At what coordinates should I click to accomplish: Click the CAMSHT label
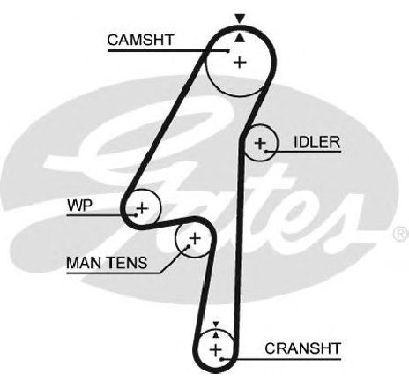coord(140,40)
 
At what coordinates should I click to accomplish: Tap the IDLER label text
coord(317,142)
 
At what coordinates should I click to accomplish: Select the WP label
coord(79,206)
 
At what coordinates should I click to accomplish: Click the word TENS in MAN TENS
coord(129,263)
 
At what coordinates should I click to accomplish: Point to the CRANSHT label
coord(302,348)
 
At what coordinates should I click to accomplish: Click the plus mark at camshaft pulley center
coord(240,62)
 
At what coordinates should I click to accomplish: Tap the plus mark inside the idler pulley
coord(260,144)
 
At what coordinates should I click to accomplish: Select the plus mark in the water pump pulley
coord(143,208)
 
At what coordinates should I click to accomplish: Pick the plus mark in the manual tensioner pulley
coord(194,238)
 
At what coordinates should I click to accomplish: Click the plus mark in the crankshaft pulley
coord(216,350)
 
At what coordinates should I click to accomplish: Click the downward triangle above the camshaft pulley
coord(240,19)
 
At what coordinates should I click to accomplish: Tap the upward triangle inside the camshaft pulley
coord(240,38)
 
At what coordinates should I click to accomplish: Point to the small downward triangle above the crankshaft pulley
coord(216,325)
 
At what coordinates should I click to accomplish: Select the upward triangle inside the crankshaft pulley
coord(216,334)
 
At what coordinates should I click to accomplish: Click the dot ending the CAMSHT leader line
coord(227,50)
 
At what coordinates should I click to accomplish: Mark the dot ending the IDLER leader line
coord(266,152)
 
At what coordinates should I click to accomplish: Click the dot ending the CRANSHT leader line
coord(221,359)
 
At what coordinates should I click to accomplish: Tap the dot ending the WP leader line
coord(136,215)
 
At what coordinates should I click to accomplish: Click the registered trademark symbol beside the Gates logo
coord(401,234)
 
